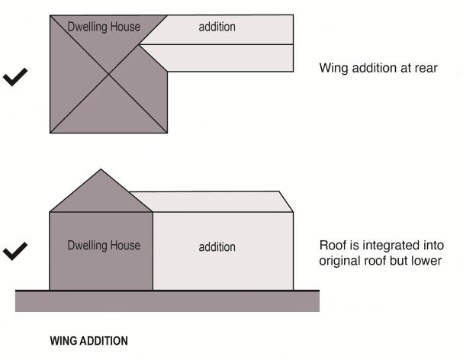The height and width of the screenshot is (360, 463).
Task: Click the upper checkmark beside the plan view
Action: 18,78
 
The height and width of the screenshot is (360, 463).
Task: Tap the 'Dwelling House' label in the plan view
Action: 104,27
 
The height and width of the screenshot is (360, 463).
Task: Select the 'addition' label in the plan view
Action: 217,27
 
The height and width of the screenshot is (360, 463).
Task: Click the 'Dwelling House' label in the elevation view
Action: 104,246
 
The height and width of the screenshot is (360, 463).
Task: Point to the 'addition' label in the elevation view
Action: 217,247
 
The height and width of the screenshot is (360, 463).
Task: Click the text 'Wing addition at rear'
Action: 378,69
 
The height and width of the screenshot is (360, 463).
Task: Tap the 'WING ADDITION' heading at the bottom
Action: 88,341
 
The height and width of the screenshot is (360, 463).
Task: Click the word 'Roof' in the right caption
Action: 333,245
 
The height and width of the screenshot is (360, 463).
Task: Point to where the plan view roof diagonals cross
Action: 108,74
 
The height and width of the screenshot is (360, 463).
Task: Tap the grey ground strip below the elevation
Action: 168,301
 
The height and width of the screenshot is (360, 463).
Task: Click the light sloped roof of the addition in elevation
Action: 214,201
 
